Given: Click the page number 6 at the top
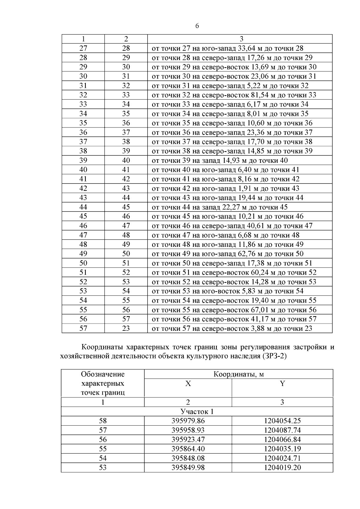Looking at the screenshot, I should (197, 26).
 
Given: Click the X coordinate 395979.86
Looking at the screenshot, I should (188, 421).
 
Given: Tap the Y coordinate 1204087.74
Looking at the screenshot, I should (282, 430).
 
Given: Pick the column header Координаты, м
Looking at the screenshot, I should (238, 374).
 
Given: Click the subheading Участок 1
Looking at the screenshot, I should (197, 412).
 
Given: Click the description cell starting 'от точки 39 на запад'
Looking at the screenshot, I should (220, 160).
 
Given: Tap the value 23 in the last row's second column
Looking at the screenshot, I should (126, 328).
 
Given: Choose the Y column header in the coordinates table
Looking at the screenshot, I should (282, 384).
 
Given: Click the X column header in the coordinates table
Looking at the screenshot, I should (188, 384).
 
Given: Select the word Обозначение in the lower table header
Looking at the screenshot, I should (103, 374).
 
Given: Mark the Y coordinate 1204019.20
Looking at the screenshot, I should (282, 468).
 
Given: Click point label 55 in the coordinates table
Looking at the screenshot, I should (103, 449).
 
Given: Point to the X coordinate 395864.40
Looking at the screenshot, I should (188, 449).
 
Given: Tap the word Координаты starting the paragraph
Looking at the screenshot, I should (102, 347).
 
